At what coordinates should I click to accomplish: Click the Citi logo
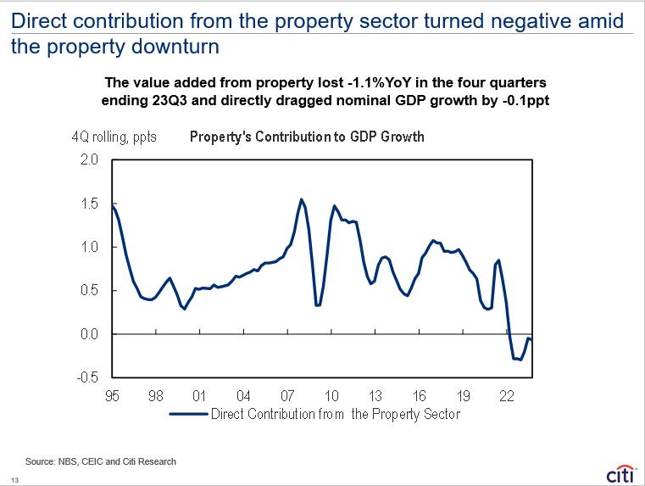pyautogui.click(x=620, y=475)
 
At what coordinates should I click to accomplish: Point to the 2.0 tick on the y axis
pyautogui.click(x=89, y=159)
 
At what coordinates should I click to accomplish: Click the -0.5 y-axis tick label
pyautogui.click(x=87, y=377)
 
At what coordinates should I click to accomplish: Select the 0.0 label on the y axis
pyautogui.click(x=89, y=334)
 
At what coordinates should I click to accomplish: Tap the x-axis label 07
pyautogui.click(x=287, y=396)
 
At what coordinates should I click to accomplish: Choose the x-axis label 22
pyautogui.click(x=507, y=396)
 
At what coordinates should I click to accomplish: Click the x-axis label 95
pyautogui.click(x=112, y=396)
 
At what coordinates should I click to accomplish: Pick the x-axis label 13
pyautogui.click(x=375, y=396)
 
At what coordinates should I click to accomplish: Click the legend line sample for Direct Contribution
pyautogui.click(x=189, y=414)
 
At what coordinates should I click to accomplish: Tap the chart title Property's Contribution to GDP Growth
pyautogui.click(x=307, y=137)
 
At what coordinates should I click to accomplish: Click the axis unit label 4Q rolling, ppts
pyautogui.click(x=114, y=137)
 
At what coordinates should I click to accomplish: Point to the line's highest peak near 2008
pyautogui.click(x=302, y=199)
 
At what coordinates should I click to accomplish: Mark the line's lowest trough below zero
pyautogui.click(x=520, y=360)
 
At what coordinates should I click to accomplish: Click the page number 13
pyautogui.click(x=14, y=480)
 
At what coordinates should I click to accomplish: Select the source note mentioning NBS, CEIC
pyautogui.click(x=101, y=461)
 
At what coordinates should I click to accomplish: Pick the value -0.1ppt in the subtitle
pyautogui.click(x=525, y=100)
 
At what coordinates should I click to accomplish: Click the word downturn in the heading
pyautogui.click(x=175, y=46)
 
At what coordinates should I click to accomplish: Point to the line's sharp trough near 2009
pyautogui.click(x=318, y=305)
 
